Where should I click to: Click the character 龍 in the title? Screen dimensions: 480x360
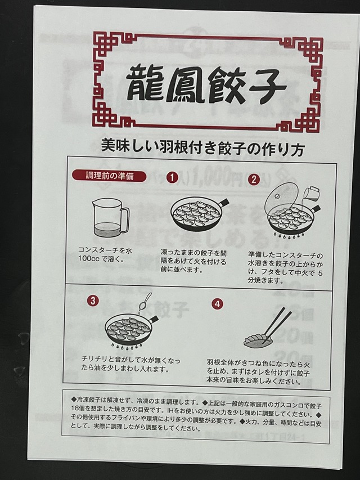point(143,83)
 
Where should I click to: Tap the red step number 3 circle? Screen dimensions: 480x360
point(92,300)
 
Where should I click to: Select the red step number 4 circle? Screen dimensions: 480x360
point(217,303)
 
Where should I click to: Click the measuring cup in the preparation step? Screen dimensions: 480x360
point(109,218)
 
